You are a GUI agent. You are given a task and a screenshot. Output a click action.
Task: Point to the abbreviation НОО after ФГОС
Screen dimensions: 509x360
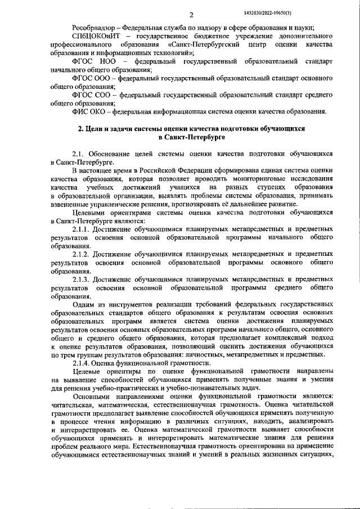(x=110, y=60)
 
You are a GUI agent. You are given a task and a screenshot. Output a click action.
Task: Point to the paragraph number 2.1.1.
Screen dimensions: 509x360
(x=82, y=230)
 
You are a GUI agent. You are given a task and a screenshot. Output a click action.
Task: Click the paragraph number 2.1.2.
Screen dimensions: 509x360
(x=82, y=254)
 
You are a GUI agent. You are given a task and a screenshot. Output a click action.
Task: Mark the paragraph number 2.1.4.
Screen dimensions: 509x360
(x=82, y=363)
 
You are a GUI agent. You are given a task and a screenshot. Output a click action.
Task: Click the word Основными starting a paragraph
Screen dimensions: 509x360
(x=92, y=397)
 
